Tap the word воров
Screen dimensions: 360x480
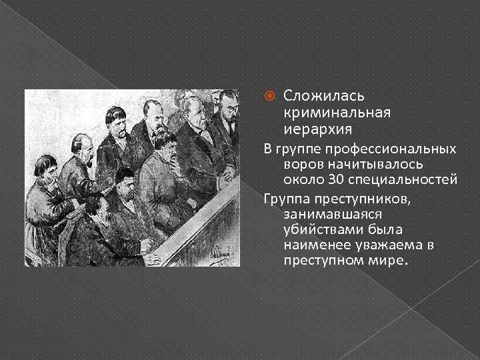pyautogui.click(x=301, y=164)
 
